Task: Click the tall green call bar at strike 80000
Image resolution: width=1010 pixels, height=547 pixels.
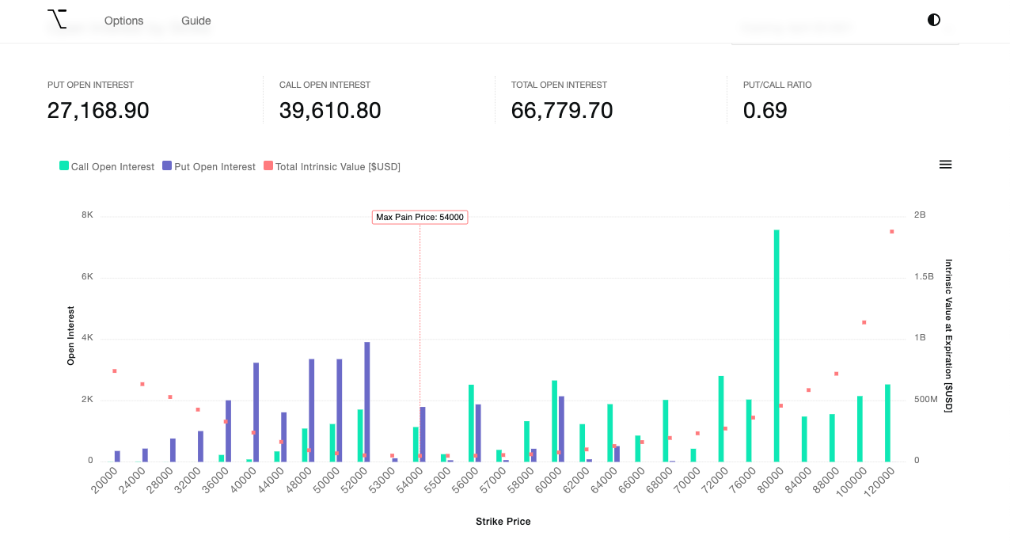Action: pos(776,346)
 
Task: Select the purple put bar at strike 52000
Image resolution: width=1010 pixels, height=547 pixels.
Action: pos(367,402)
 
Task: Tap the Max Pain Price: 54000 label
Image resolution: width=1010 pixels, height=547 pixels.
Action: pos(420,217)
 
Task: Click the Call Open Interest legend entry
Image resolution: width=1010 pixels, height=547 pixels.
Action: pos(107,166)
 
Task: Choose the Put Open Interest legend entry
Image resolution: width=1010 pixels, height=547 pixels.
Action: pos(209,166)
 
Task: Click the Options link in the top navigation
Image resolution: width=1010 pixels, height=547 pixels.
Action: pos(123,21)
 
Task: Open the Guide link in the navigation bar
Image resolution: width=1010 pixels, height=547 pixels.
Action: pos(196,21)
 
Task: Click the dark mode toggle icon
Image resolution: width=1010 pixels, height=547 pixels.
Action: pos(934,20)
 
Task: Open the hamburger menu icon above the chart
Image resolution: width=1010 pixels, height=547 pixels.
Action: pos(945,165)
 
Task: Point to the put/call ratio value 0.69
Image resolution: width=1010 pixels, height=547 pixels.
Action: pos(765,111)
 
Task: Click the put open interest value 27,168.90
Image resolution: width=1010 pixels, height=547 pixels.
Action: pos(98,111)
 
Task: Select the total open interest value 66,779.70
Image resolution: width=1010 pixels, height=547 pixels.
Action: pos(562,111)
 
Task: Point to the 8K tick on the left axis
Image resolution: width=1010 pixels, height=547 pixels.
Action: pos(87,215)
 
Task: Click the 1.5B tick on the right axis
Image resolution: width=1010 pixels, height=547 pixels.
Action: pos(924,276)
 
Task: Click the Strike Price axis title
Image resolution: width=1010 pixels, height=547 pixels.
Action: pos(503,522)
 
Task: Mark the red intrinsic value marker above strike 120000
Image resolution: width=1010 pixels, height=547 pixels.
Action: pos(891,232)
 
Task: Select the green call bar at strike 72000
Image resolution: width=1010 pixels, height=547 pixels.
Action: pos(721,419)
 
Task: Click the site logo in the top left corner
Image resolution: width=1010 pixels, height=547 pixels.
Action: pos(57,19)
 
